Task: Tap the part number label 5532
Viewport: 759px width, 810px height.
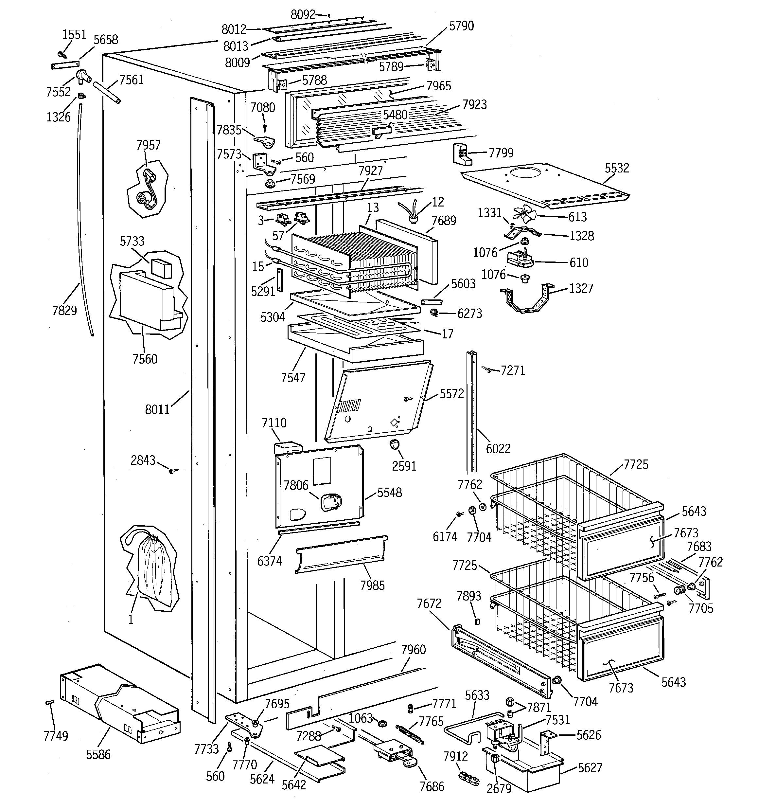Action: coord(616,168)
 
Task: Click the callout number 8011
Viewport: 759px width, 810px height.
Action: coord(157,409)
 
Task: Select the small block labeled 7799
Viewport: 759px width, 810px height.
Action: coord(462,154)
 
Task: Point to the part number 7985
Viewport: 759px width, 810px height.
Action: coord(372,585)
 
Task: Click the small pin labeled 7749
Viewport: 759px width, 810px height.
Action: coord(50,702)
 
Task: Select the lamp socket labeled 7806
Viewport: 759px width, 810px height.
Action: coord(331,502)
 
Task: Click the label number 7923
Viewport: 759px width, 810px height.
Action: coord(474,104)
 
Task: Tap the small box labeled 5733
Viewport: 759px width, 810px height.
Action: coord(161,268)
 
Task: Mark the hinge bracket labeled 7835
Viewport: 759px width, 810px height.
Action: coord(265,141)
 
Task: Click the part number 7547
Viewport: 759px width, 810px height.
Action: coord(292,377)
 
